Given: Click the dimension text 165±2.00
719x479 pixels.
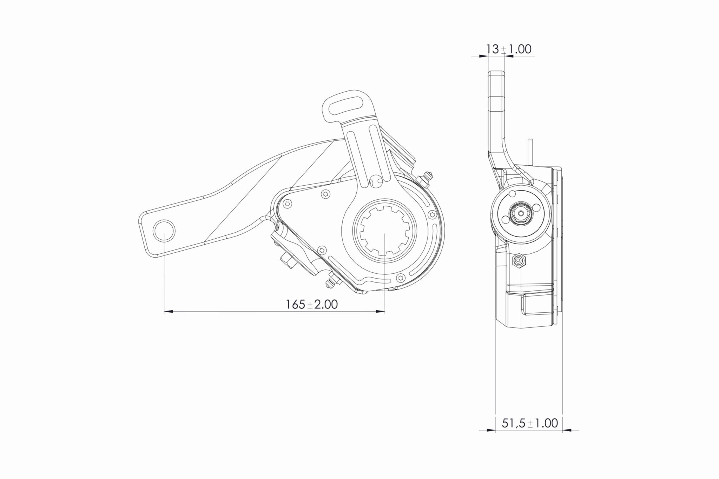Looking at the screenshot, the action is coord(312,304).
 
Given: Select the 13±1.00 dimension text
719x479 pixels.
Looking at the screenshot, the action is coord(509,49).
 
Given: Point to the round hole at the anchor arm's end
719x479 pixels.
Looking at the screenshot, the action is coord(164,230).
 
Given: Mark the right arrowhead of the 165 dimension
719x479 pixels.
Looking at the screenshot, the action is coord(381,311).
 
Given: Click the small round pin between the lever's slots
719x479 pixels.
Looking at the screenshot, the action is coord(376,181).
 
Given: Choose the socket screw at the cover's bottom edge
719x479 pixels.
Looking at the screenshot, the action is coord(400,278).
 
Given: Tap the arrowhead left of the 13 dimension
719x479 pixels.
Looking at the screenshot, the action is coord(484,55).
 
